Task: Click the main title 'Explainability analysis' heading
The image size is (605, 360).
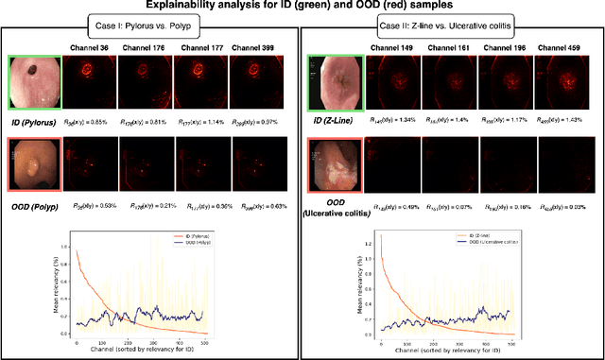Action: pos(302,8)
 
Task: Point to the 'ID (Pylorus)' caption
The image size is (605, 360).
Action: pos(35,122)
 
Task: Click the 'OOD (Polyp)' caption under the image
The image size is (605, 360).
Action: pos(35,205)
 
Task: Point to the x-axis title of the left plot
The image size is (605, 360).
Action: pos(131,349)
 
